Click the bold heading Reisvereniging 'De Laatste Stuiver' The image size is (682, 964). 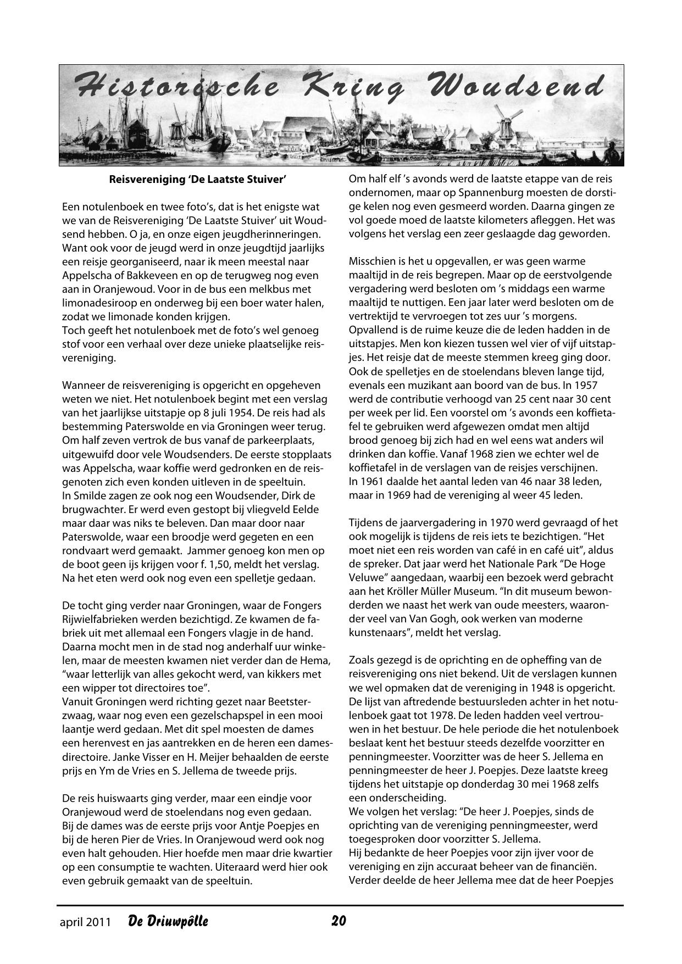(x=198, y=179)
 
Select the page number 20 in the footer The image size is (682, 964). (x=338, y=921)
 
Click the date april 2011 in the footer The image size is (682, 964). (x=85, y=922)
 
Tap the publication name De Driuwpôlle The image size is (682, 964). (x=168, y=921)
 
